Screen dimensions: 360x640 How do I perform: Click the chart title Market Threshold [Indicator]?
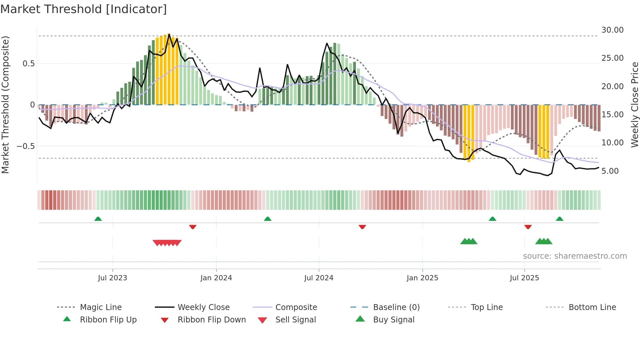pyautogui.click(x=84, y=9)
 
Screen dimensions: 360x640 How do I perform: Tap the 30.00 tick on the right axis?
pyautogui.click(x=612, y=30)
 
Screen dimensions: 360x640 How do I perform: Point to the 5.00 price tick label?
pyautogui.click(x=610, y=171)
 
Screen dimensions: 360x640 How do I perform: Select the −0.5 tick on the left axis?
pyautogui.click(x=25, y=146)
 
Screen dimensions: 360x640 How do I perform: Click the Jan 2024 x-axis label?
pyautogui.click(x=216, y=278)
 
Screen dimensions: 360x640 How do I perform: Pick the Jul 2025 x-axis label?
pyautogui.click(x=524, y=278)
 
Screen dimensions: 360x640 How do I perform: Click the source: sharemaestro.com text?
pyautogui.click(x=575, y=256)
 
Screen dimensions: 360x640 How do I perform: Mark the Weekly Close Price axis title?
pyautogui.click(x=634, y=105)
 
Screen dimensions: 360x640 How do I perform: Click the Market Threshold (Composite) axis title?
pyautogui.click(x=5, y=105)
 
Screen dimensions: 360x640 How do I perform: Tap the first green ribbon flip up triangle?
pyautogui.click(x=98, y=219)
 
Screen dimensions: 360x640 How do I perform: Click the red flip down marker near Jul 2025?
pyautogui.click(x=528, y=227)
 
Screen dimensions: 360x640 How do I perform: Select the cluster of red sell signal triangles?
pyautogui.click(x=167, y=243)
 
